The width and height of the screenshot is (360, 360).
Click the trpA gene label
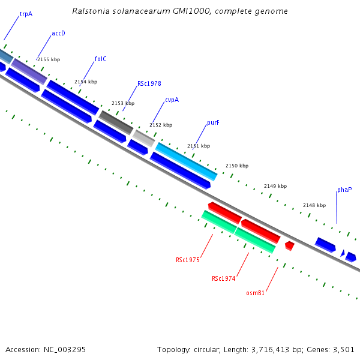[26, 13]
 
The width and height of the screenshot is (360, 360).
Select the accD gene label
[58, 33]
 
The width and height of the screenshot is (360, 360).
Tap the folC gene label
[101, 59]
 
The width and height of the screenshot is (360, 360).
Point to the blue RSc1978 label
[149, 83]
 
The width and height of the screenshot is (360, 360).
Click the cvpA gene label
[172, 100]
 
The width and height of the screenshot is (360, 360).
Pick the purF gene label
[213, 122]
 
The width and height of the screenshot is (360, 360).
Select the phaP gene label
[344, 190]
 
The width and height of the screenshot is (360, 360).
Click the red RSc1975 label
[188, 260]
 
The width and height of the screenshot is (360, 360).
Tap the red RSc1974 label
[224, 278]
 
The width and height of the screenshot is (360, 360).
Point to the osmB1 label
[256, 293]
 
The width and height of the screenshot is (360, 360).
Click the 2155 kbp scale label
[49, 59]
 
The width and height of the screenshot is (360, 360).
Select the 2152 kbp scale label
[161, 125]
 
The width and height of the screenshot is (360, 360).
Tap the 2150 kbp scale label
[237, 166]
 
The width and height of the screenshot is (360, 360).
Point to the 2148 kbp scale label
[314, 205]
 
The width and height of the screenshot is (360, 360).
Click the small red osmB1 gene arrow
[289, 245]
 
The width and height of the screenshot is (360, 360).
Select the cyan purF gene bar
[186, 161]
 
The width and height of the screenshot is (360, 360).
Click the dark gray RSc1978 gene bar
[116, 122]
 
